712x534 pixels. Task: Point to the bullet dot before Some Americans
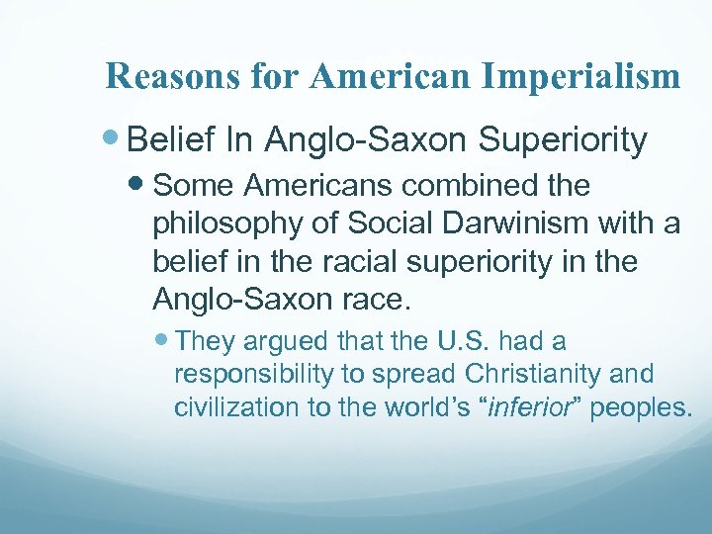pos(140,186)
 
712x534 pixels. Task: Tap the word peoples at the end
pos(642,407)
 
